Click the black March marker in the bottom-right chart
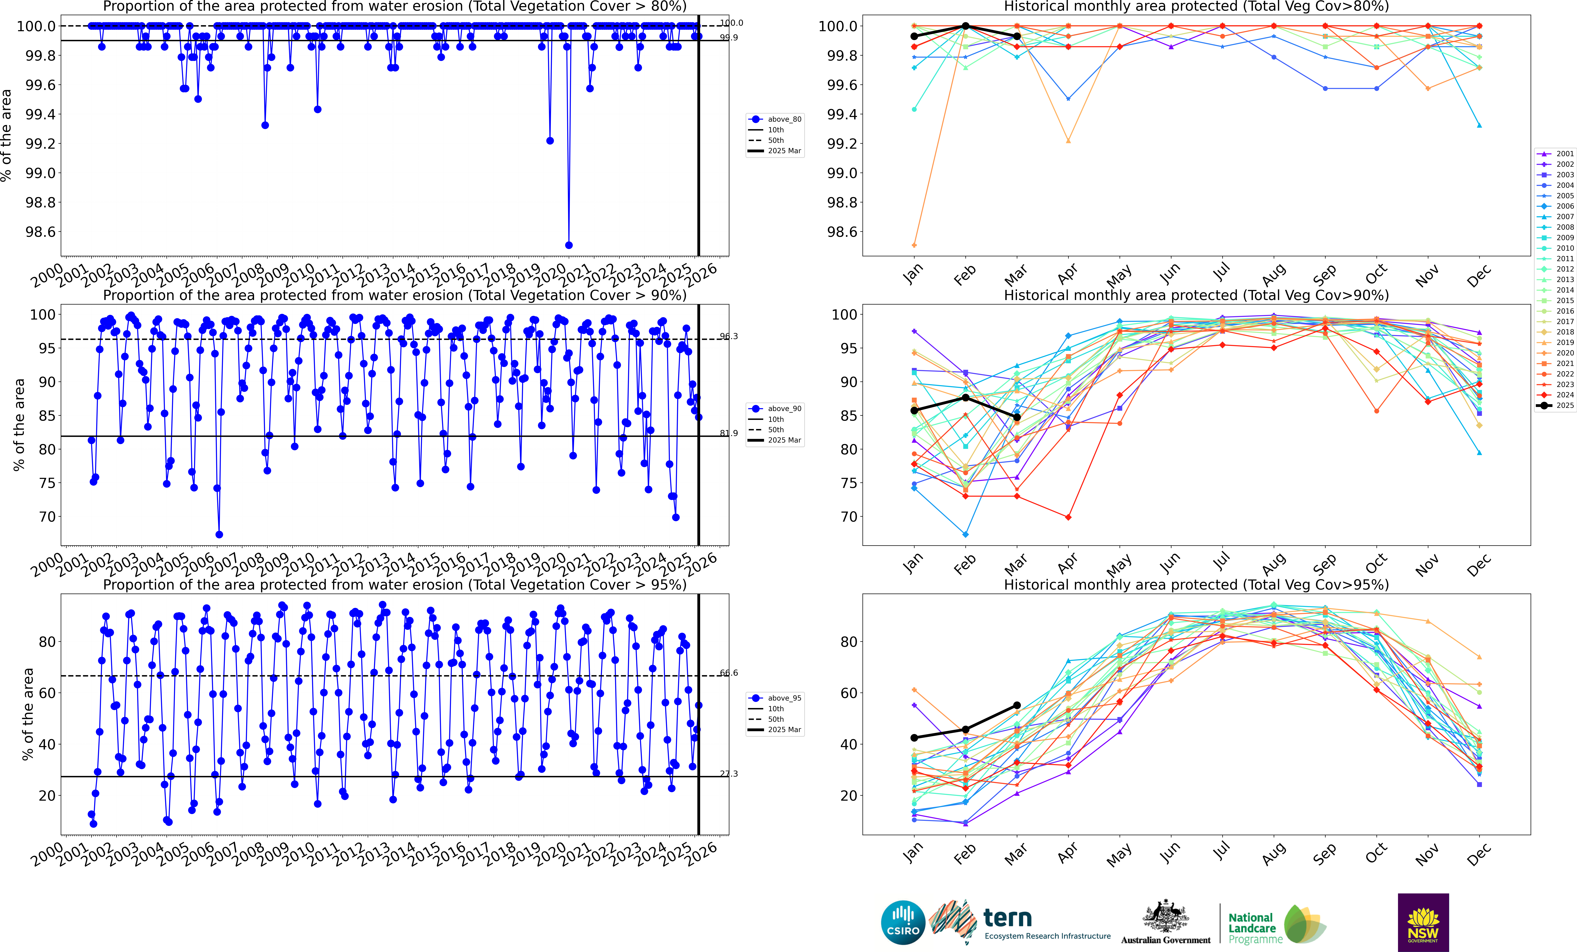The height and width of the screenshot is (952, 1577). pos(1017,706)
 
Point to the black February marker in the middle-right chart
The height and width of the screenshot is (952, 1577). pos(966,398)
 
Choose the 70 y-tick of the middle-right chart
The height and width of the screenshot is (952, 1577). pos(849,517)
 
